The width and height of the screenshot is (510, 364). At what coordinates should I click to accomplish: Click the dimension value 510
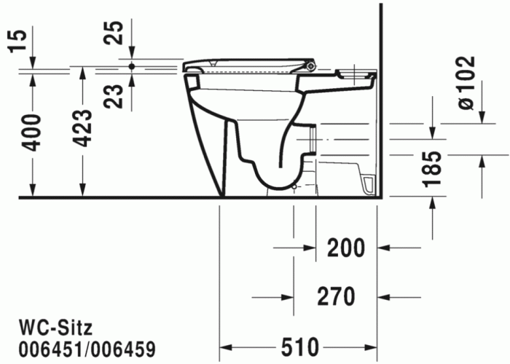298,345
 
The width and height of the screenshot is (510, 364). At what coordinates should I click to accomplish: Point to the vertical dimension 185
433,168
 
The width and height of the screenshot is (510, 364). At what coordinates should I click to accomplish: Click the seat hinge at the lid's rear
312,67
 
